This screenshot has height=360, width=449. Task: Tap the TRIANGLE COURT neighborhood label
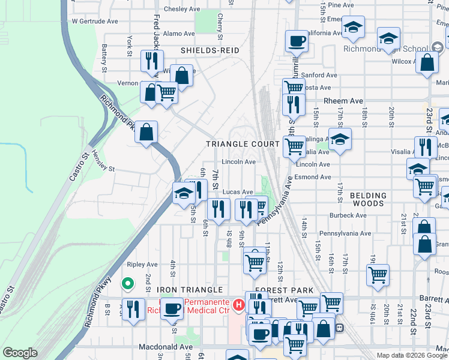click(243, 144)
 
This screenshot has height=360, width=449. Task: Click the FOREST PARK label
click(277, 290)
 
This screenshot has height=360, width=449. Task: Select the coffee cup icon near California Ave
click(296, 41)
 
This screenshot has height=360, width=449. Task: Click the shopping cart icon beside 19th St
click(378, 275)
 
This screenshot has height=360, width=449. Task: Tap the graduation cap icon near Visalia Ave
click(340, 139)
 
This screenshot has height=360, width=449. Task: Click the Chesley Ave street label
click(181, 9)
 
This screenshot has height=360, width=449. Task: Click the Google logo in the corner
click(20, 353)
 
